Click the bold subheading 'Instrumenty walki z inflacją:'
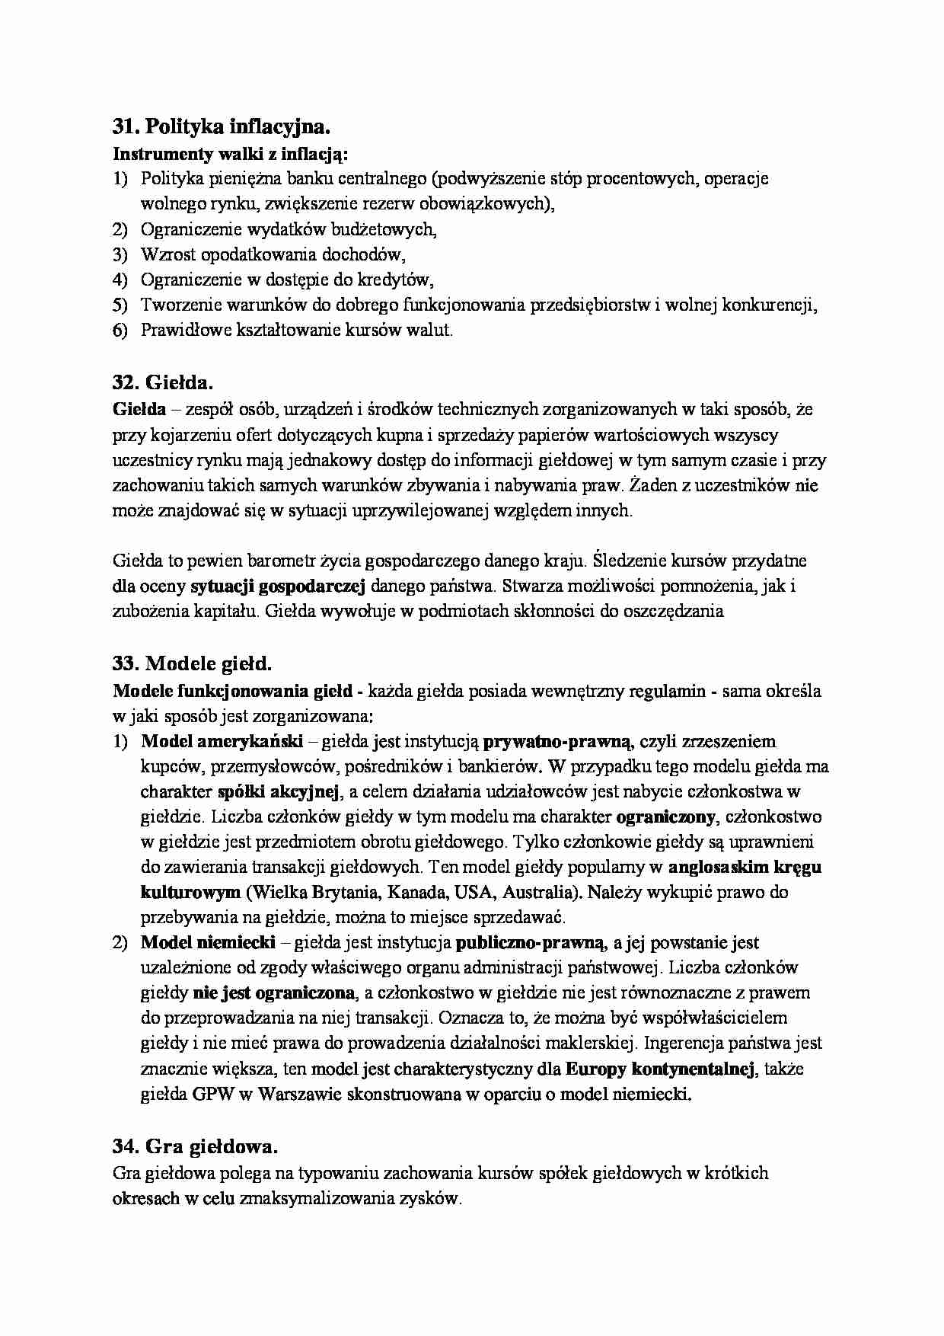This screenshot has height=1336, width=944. pyautogui.click(x=230, y=153)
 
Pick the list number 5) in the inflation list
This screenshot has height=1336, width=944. pyautogui.click(x=121, y=305)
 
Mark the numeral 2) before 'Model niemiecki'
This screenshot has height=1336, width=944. pyautogui.click(x=121, y=943)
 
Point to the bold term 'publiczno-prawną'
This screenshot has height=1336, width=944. pyautogui.click(x=531, y=943)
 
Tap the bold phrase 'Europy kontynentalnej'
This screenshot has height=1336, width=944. pyautogui.click(x=660, y=1069)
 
